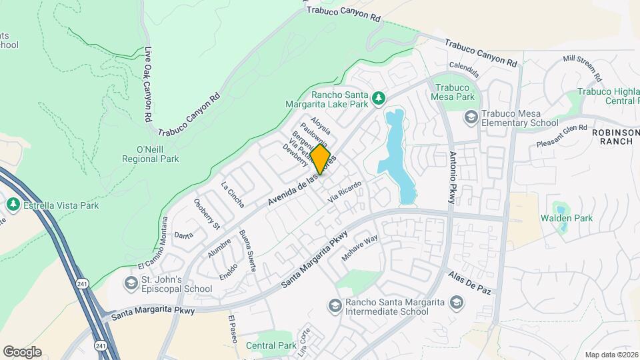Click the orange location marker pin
tap(320, 159)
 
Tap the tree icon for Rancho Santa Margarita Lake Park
tap(379, 99)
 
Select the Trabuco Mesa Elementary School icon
tap(471, 117)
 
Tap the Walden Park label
tap(566, 218)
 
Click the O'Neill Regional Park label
tap(150, 154)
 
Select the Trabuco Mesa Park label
tap(455, 92)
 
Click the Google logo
tap(22, 352)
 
